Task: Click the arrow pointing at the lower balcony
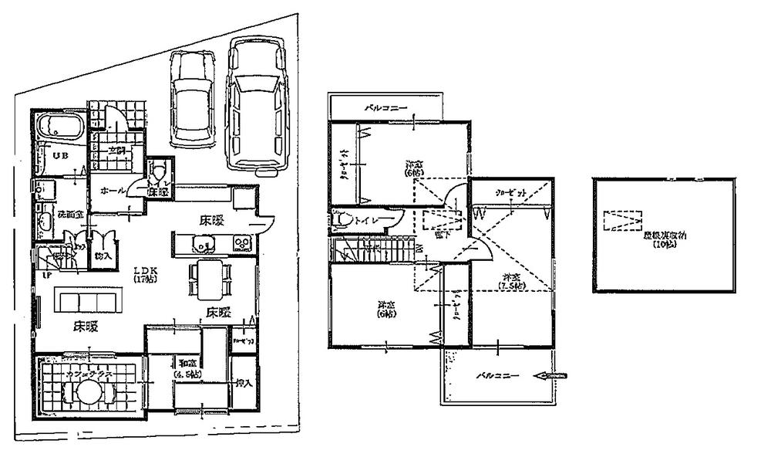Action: click(554, 376)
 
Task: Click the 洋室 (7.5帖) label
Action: click(510, 282)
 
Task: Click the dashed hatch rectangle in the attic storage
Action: click(621, 221)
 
